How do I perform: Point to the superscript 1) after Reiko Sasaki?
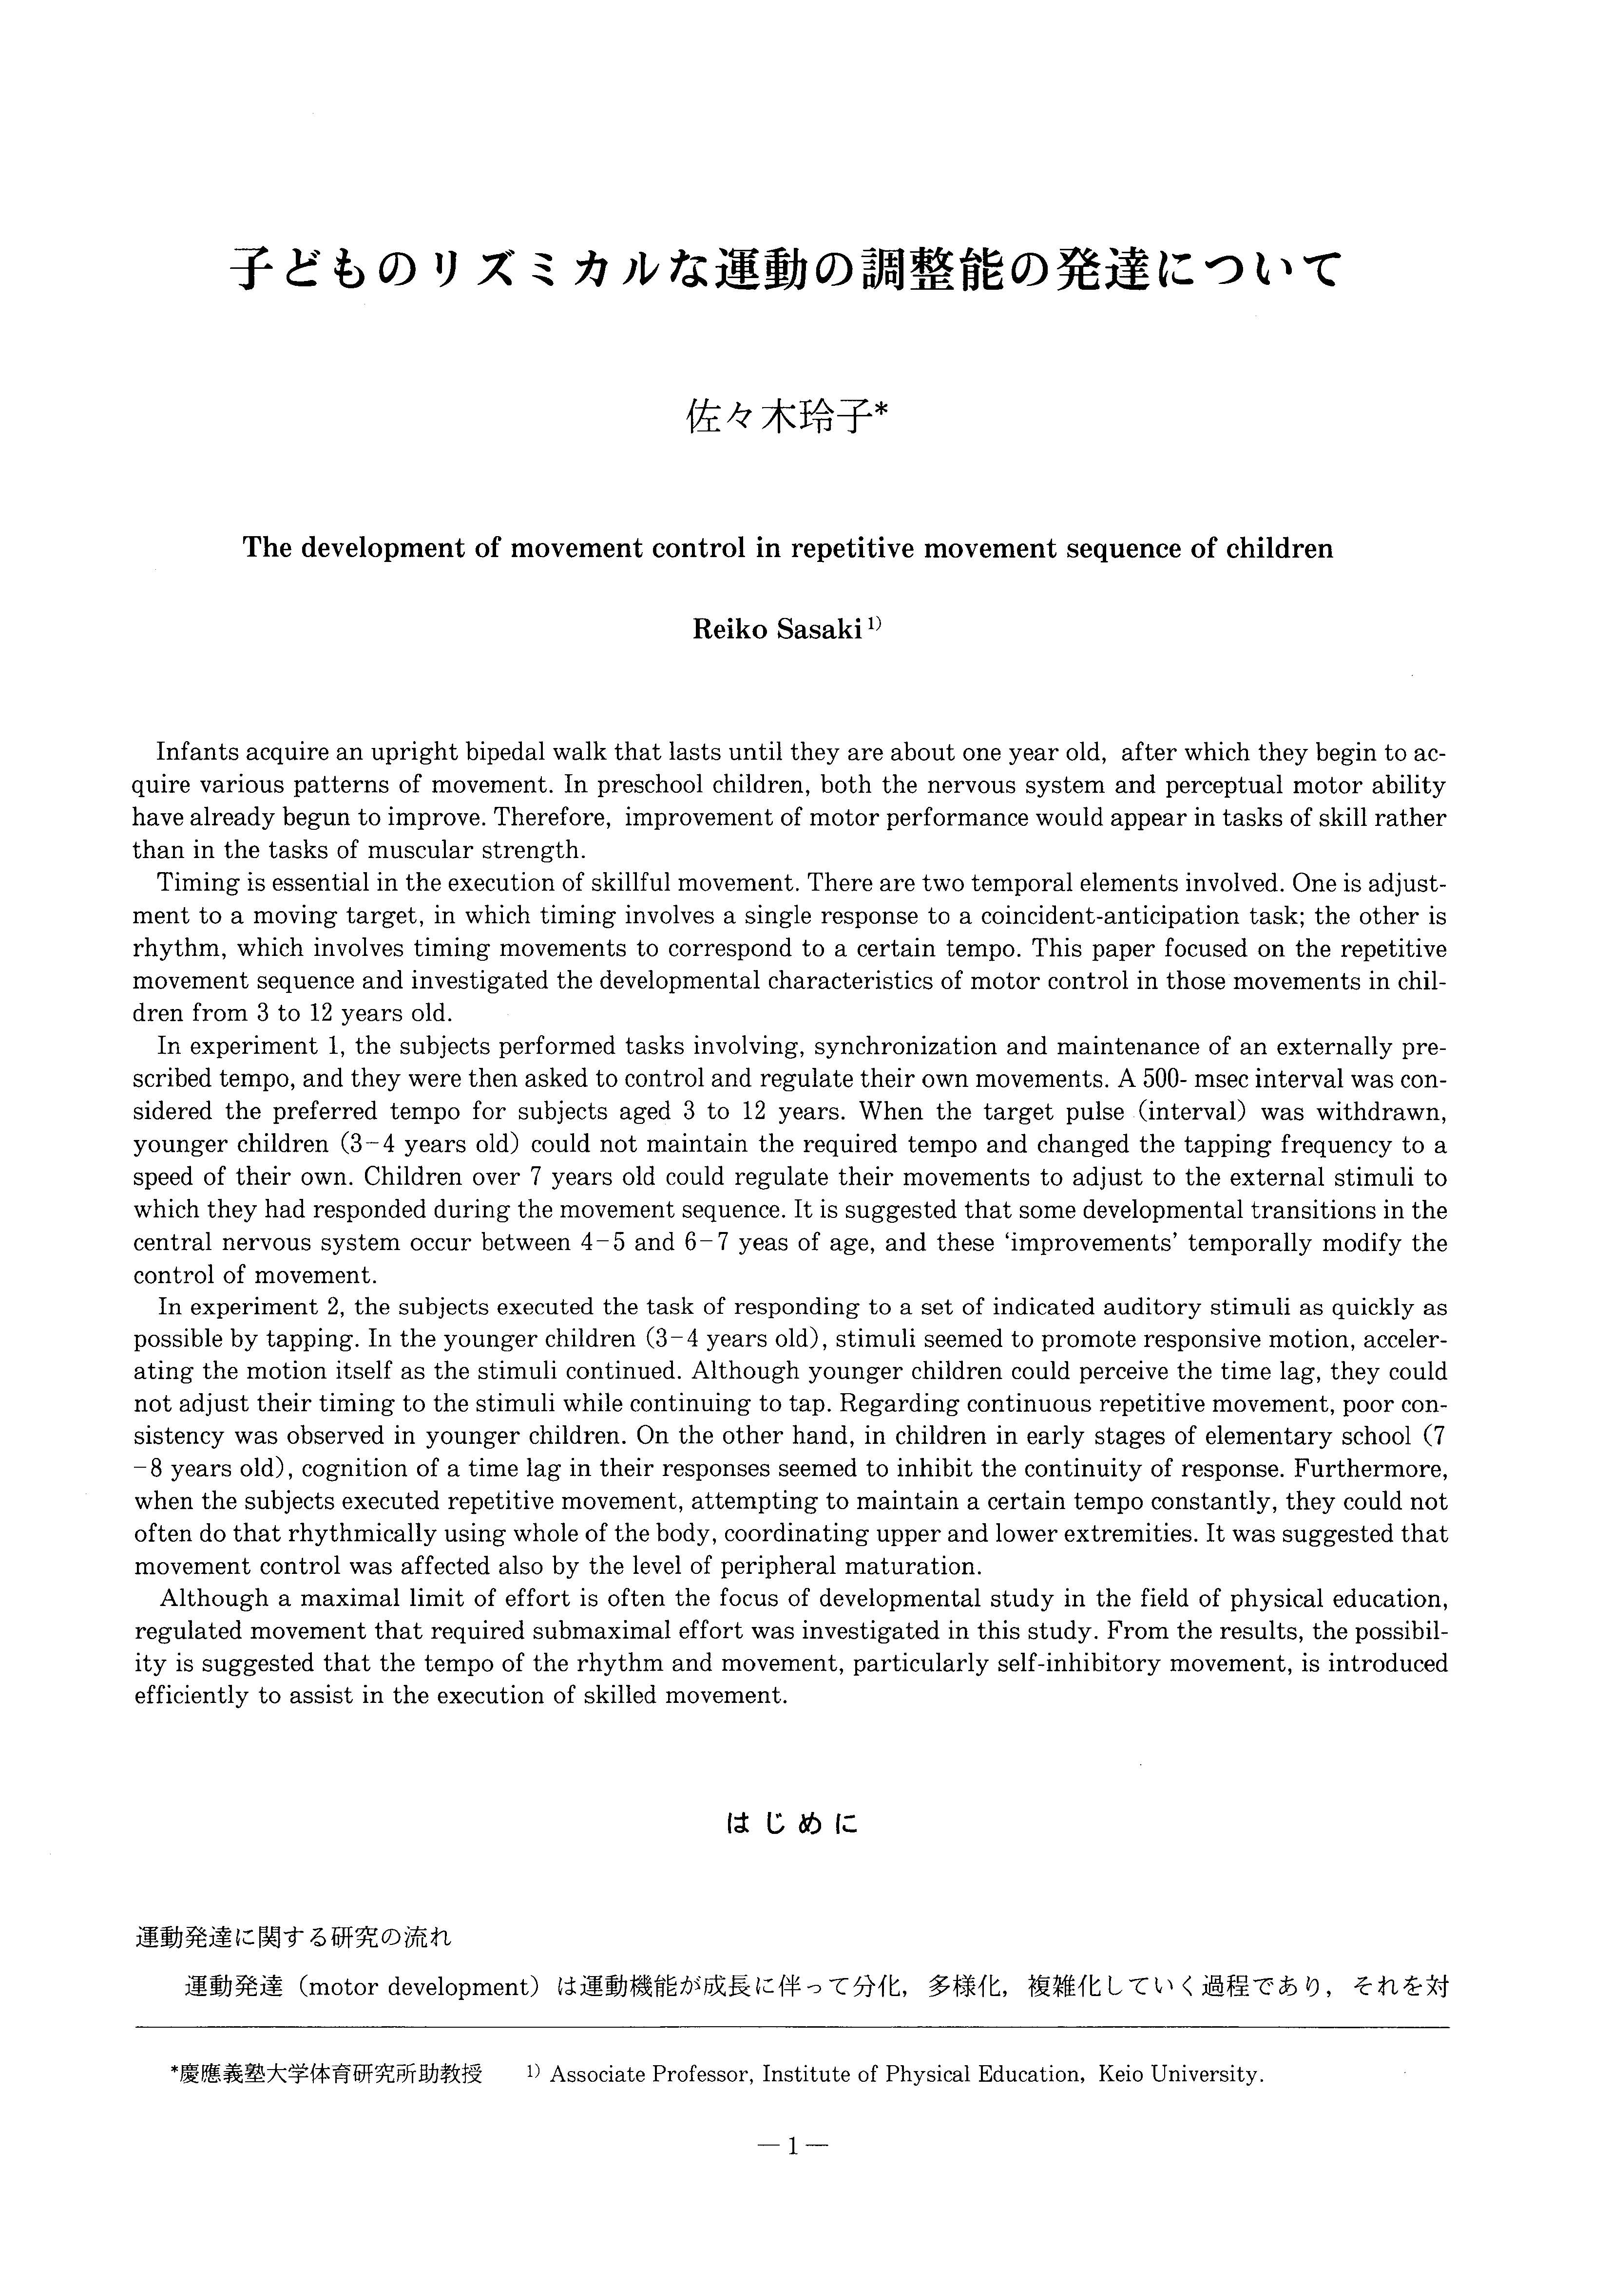874,625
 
